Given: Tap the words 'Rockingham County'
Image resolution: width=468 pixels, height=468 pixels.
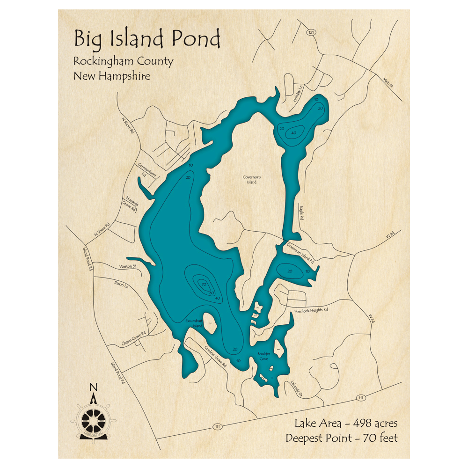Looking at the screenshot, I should [x=123, y=61].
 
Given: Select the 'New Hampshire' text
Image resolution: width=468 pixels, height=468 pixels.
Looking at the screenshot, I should [x=111, y=76].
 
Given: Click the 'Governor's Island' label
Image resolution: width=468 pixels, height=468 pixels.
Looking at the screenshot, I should [x=251, y=180].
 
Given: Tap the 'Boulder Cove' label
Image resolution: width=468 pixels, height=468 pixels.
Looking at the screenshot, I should [x=263, y=357].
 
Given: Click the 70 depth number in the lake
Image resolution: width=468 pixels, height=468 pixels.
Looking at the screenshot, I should [x=203, y=284].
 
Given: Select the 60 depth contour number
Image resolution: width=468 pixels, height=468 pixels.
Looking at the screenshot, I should [x=212, y=293].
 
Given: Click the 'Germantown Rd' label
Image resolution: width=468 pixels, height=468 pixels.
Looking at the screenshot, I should [x=146, y=170].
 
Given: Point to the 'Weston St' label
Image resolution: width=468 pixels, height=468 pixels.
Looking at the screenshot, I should [x=127, y=266].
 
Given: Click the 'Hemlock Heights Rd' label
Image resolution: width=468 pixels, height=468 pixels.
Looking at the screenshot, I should [x=311, y=310].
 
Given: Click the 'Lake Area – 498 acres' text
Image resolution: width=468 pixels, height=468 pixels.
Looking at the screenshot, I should [x=346, y=424].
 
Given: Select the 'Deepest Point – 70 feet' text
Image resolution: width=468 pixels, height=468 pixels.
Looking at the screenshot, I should [x=342, y=439].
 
